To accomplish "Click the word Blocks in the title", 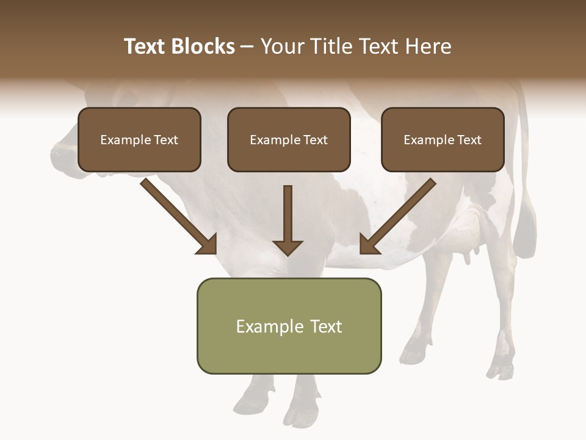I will (203, 46).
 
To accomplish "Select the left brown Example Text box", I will (139, 139).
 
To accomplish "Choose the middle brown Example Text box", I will (289, 139).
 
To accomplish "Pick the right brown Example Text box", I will (443, 139).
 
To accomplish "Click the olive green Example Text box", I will (289, 326).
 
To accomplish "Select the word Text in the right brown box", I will (469, 140).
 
